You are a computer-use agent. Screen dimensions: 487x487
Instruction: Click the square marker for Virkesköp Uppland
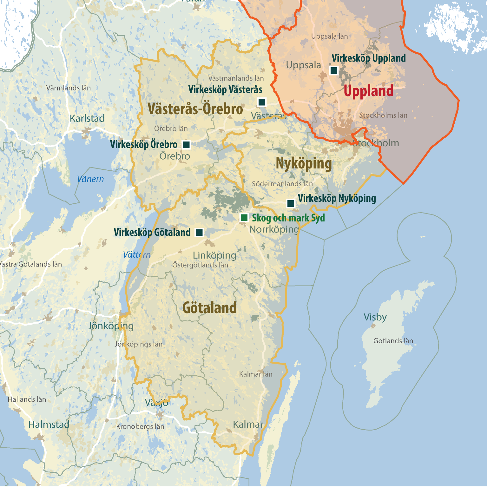point(334,70)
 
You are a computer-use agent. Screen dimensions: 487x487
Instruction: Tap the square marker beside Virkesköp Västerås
point(262,102)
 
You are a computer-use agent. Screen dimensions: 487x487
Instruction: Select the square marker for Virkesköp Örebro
point(186,145)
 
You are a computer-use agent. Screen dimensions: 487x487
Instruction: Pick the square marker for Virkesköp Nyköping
point(291,203)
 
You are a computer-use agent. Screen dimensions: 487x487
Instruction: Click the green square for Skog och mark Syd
point(244,218)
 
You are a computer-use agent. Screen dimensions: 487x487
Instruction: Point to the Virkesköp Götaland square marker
point(199,233)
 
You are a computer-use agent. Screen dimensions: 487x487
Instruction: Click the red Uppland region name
point(368,91)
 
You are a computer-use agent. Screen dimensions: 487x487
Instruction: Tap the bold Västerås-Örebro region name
point(195,109)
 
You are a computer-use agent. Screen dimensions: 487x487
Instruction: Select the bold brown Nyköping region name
point(304,164)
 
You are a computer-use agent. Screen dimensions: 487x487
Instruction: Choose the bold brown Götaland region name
point(209,308)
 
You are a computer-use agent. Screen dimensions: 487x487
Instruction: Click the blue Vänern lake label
point(90,179)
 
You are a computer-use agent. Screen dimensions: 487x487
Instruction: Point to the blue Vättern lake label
point(137,254)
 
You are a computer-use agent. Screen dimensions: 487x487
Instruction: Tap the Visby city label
point(375,317)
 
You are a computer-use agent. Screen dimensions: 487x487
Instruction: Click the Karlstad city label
point(87,119)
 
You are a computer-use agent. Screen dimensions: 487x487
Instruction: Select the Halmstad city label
point(49,424)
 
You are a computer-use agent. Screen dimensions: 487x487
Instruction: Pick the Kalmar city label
point(248,424)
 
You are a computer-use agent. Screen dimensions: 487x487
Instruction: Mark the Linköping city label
point(214,255)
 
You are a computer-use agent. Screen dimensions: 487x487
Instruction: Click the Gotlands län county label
point(393,341)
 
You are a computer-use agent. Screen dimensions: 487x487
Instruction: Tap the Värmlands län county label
point(69,88)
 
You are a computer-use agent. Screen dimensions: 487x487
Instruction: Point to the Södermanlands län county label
point(282,184)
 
